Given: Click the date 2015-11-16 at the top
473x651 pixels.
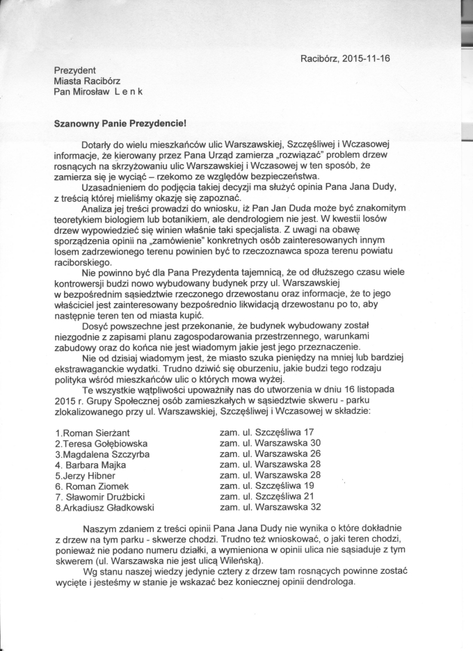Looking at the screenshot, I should click(x=364, y=58).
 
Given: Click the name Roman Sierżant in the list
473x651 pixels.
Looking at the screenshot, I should click(x=95, y=433).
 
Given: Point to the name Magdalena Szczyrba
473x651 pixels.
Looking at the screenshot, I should click(x=103, y=454).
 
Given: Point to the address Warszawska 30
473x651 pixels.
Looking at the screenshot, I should click(x=287, y=442).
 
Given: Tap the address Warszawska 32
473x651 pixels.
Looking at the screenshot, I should click(x=287, y=507).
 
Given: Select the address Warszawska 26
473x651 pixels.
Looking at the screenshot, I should click(x=287, y=453).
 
